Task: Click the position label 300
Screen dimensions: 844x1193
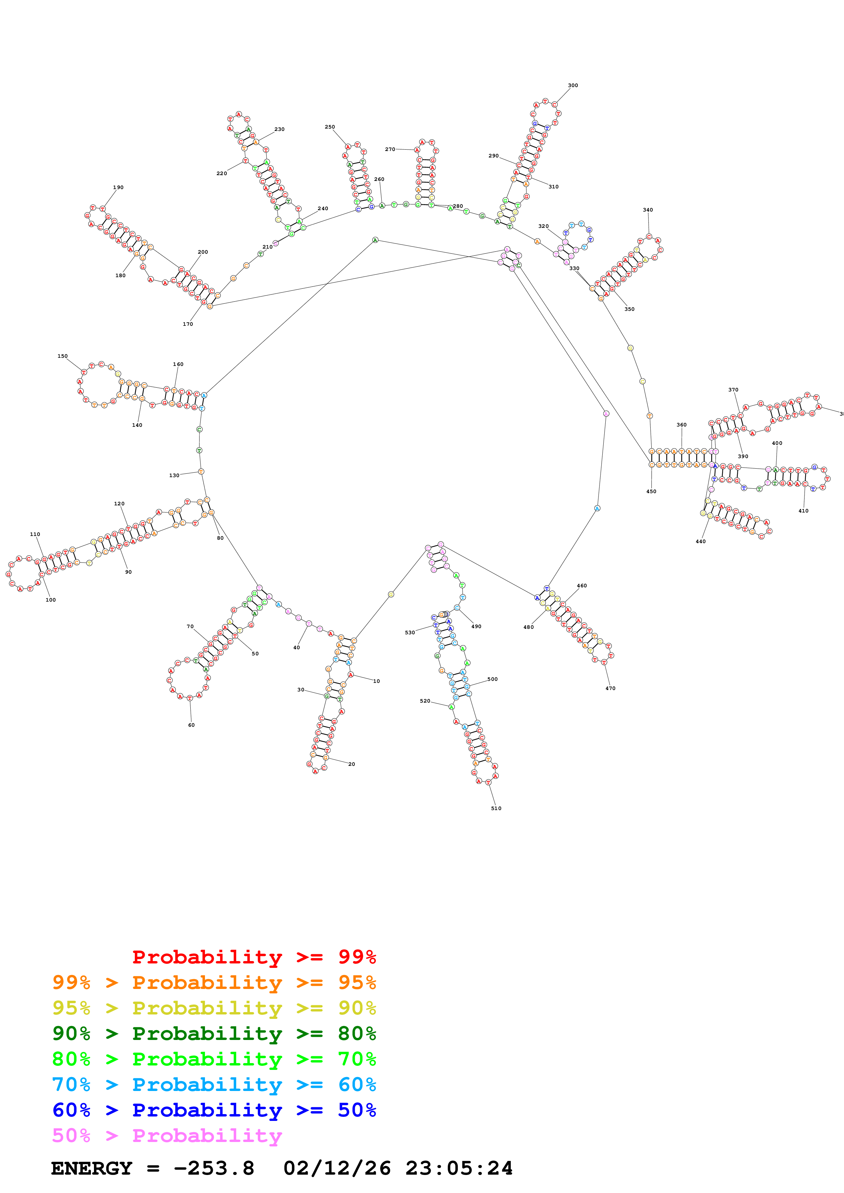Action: pos(573,85)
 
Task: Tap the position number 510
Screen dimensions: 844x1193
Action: pos(496,808)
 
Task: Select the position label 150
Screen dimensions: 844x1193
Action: pos(62,356)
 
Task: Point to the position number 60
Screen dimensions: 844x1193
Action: pos(191,725)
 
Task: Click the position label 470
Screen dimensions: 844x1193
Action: pos(610,688)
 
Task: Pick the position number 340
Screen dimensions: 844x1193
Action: pos(648,210)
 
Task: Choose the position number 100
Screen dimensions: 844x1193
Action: pos(50,600)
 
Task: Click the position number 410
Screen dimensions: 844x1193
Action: pos(803,511)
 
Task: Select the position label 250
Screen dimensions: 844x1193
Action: pos(330,127)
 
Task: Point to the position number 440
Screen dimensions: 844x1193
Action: pos(700,541)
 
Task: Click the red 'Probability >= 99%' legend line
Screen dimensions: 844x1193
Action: pos(254,957)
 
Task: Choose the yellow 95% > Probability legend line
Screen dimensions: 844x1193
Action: pos(214,1008)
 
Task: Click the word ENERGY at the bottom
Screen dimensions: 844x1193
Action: pos(92,1168)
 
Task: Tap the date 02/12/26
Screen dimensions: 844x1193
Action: pos(337,1168)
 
